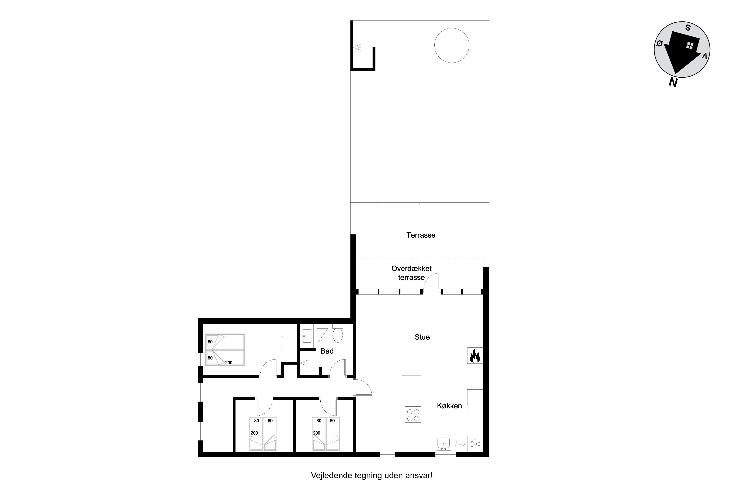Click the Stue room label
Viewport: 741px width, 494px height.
(422, 337)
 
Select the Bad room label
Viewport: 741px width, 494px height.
(327, 351)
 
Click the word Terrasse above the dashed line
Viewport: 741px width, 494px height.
(421, 235)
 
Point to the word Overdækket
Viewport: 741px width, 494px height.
(411, 268)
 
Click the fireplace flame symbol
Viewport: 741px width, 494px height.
(475, 356)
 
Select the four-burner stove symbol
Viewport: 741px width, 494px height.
(413, 415)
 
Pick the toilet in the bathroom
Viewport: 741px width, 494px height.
(338, 334)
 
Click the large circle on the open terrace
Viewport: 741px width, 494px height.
(452, 45)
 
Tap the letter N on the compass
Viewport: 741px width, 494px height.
(673, 83)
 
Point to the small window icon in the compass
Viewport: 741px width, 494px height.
(690, 46)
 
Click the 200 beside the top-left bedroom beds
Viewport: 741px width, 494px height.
(229, 363)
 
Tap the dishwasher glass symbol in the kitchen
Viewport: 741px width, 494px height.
(459, 444)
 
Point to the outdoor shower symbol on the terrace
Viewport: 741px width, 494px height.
(357, 47)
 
